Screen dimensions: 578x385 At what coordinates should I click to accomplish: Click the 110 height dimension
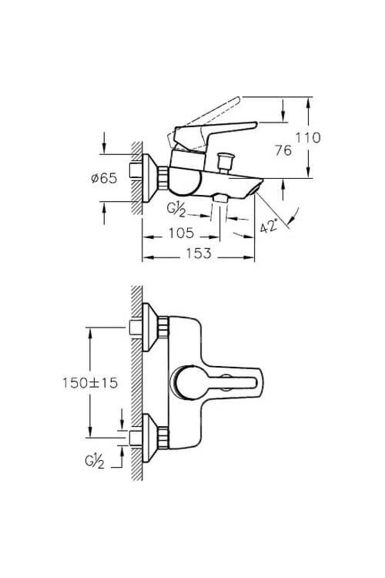click(x=308, y=138)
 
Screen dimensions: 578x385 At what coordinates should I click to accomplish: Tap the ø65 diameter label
click(x=104, y=178)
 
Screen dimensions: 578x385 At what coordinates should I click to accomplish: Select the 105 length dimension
click(x=181, y=233)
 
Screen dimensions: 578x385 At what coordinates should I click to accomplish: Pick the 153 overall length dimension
click(x=199, y=253)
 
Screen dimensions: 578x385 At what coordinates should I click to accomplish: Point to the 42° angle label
click(x=269, y=226)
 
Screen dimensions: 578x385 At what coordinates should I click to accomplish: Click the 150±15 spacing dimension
click(x=90, y=383)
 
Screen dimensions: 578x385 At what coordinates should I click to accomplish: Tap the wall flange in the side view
click(x=148, y=178)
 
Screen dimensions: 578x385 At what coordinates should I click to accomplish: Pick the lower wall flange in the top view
click(x=148, y=438)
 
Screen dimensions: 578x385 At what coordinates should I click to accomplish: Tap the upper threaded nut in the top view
click(x=163, y=327)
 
